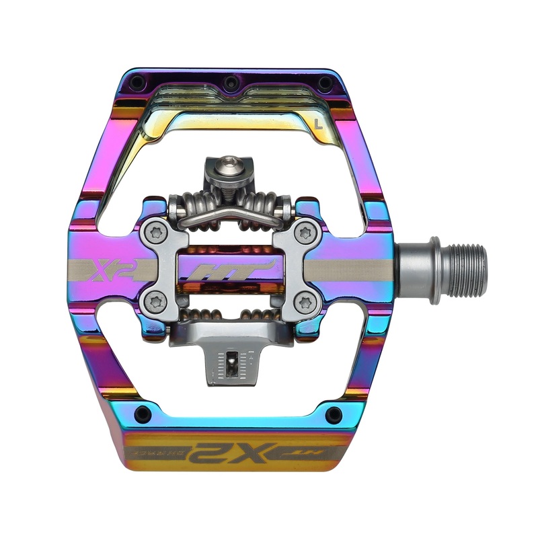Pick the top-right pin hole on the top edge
324,83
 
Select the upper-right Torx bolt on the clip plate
307,233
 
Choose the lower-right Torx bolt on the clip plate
307,301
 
